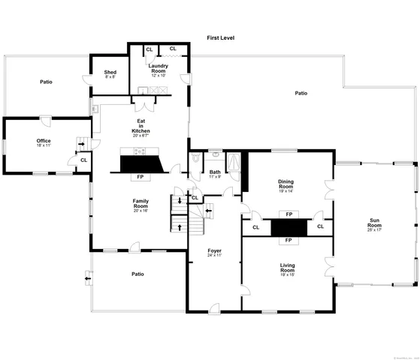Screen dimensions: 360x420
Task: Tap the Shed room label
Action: [110, 72]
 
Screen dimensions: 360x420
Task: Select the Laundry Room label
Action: [158, 68]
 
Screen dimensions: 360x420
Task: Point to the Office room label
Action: [44, 140]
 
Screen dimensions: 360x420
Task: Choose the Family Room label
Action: [141, 203]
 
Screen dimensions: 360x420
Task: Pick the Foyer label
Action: [213, 250]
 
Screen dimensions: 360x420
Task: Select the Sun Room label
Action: [374, 223]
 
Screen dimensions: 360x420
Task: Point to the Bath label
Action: [215, 172]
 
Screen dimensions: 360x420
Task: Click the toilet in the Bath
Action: [195, 158]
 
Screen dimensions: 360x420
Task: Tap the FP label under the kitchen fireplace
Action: [141, 177]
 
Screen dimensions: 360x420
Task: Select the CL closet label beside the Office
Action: [83, 160]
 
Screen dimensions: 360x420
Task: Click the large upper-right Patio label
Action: [301, 94]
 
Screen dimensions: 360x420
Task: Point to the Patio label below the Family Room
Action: [137, 274]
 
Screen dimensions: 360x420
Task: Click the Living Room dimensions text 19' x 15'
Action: [288, 274]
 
